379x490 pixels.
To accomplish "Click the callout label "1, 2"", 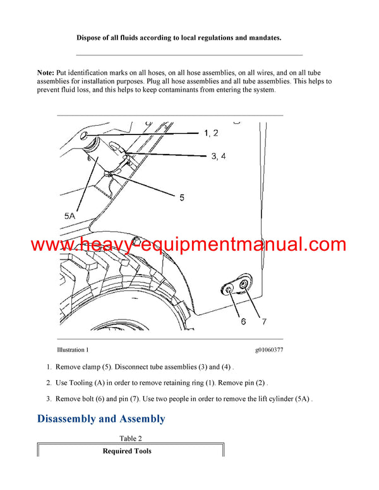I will coord(211,133).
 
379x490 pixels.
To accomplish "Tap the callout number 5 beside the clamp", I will coord(181,198).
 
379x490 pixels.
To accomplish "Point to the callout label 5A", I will coord(71,215).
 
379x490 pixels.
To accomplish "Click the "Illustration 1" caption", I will coord(73,349).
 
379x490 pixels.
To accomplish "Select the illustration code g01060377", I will coord(268,349).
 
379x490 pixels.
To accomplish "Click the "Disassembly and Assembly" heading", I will coord(101,419).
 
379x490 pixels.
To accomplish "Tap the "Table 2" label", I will coord(131,438).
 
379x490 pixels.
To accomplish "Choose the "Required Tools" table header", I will coord(126,451).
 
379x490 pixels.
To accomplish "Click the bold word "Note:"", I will coord(45,74).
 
